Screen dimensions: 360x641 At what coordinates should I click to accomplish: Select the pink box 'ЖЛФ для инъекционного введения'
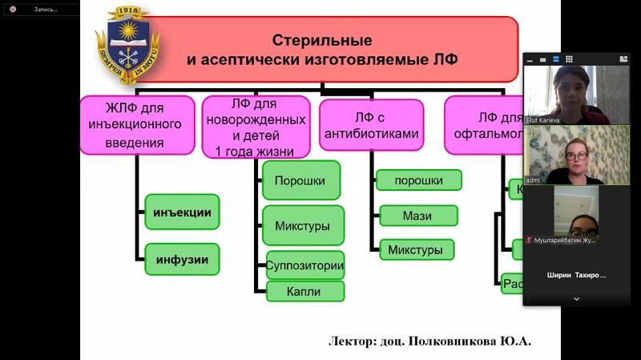[137, 124]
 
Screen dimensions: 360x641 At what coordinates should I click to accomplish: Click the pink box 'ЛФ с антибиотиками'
[370, 126]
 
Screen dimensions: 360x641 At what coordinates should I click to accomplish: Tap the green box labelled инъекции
[183, 212]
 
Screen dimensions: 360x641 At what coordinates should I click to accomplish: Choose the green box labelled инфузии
[183, 259]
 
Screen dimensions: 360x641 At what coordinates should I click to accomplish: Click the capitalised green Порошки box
[300, 181]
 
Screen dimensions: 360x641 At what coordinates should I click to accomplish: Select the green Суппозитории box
[304, 265]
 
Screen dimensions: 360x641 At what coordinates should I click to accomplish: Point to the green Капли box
[304, 292]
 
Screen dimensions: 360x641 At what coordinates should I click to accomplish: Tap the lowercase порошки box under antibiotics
[418, 180]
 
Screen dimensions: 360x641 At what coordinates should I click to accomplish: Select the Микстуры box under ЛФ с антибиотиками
[415, 250]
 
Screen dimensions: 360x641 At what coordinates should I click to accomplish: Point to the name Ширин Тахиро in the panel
[576, 275]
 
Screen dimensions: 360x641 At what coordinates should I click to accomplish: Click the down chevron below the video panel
[576, 299]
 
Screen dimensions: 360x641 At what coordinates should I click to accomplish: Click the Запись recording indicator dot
[13, 9]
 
